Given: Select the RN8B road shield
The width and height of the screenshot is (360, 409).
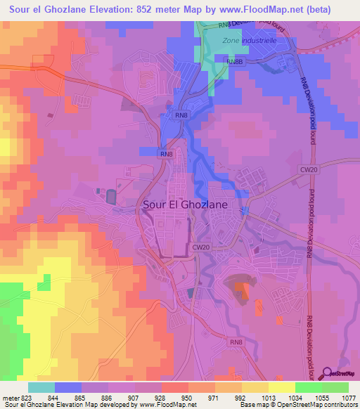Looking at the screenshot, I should pyautogui.click(x=234, y=62).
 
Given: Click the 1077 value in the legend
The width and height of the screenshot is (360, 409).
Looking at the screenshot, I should pyautogui.click(x=349, y=397).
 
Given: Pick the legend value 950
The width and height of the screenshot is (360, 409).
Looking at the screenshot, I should pyautogui.click(x=188, y=397).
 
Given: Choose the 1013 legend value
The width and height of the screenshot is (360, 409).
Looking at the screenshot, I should pyautogui.click(x=269, y=397).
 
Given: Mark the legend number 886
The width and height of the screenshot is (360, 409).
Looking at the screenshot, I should pyautogui.click(x=108, y=397).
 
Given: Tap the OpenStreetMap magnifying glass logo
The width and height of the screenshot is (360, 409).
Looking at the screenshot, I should pyautogui.click(x=327, y=372).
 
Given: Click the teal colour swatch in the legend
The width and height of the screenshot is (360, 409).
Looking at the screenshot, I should pyautogui.click(x=41, y=387).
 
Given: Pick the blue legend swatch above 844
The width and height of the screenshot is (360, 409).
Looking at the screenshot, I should pyautogui.click(x=68, y=387).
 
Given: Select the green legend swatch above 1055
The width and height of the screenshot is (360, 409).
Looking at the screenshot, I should pyautogui.click(x=309, y=387).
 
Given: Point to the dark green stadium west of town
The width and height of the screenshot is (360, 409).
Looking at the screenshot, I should pyautogui.click(x=113, y=197).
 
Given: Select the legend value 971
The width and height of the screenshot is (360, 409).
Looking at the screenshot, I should pyautogui.click(x=215, y=397).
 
